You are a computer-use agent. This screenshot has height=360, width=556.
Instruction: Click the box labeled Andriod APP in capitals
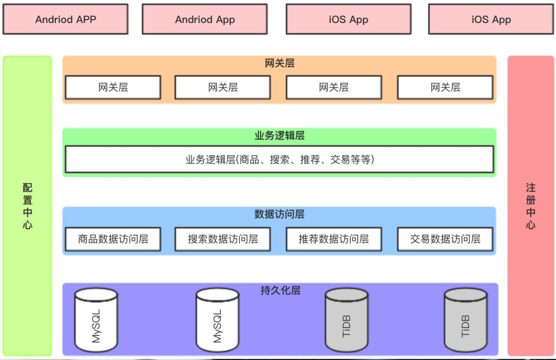click(x=66, y=19)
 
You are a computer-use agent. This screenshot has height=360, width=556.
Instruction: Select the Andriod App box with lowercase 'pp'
click(x=205, y=19)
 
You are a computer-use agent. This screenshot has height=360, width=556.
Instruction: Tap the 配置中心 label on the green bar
click(x=27, y=206)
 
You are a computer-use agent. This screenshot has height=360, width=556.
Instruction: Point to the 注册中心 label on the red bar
click(x=530, y=206)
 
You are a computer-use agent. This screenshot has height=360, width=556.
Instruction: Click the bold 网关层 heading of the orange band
click(x=280, y=63)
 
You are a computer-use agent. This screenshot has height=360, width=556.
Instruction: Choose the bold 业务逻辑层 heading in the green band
click(x=280, y=136)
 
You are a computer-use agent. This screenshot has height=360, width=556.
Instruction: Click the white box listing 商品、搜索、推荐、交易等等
click(x=280, y=160)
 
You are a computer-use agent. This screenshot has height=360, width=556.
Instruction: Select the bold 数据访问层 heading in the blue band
click(x=280, y=214)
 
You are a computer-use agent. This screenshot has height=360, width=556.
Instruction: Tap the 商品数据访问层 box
click(x=113, y=239)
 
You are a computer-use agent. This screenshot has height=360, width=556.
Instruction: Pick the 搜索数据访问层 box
click(x=223, y=239)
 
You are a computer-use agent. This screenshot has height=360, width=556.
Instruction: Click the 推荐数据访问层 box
click(x=333, y=239)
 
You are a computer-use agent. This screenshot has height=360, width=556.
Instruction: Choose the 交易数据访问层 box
click(x=445, y=239)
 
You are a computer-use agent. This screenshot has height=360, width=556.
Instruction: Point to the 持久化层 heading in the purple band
click(x=280, y=290)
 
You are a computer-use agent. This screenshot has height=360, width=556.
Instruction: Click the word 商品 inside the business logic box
click(x=249, y=160)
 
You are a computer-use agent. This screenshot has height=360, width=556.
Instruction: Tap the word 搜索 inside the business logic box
click(x=280, y=160)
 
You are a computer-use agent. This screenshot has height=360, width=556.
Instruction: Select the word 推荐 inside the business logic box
click(x=310, y=160)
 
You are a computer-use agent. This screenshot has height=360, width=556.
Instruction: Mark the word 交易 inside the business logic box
click(x=340, y=160)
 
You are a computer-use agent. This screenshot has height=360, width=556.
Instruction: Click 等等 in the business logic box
click(x=360, y=160)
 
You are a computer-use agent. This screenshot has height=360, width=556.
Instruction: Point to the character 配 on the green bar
click(x=27, y=188)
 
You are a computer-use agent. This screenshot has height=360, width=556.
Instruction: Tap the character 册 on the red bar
click(x=530, y=200)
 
